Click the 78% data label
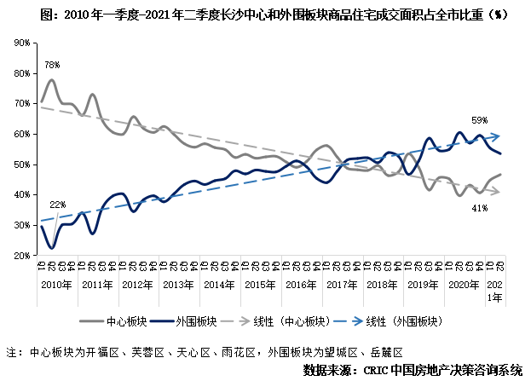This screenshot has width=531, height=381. [51, 65]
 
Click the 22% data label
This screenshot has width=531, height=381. [57, 205]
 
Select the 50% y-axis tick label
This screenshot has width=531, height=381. [23, 164]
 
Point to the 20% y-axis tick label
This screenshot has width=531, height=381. [23, 255]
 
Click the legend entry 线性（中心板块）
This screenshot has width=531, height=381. [289, 321]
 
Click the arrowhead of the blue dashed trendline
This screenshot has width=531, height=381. [496, 135]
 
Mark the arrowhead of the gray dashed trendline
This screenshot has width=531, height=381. [496, 192]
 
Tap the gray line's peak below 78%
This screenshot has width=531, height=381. [52, 80]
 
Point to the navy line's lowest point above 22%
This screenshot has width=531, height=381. [52, 248]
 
